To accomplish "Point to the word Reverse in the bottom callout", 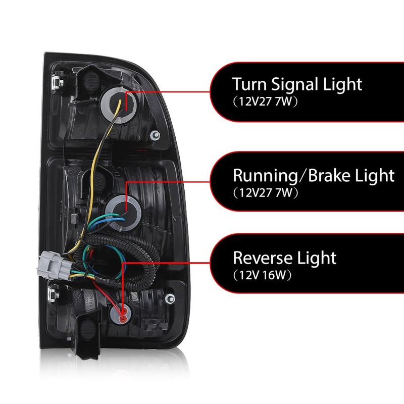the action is [263, 258].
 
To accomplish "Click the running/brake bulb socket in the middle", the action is [122, 207].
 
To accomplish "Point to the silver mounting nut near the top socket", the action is [155, 135].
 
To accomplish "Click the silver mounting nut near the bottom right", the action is [169, 298].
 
